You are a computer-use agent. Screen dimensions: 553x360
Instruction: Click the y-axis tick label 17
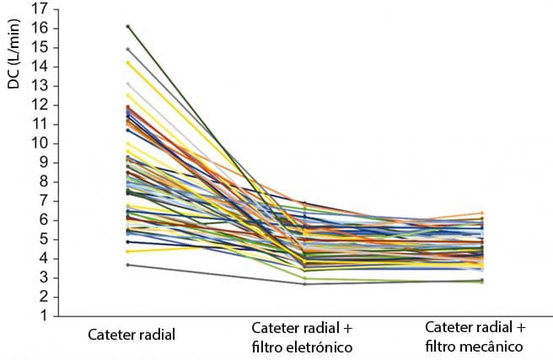[39, 9]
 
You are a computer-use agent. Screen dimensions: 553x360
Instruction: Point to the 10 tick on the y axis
[39, 144]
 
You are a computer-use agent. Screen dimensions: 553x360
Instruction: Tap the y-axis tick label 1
[43, 315]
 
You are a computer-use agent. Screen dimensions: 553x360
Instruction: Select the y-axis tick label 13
[39, 86]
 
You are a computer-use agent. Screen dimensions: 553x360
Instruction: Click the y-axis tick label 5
[43, 239]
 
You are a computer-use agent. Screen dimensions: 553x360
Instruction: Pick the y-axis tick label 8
[43, 182]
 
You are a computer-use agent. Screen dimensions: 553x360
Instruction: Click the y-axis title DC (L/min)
[14, 54]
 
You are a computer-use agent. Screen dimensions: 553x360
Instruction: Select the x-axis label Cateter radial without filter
[132, 334]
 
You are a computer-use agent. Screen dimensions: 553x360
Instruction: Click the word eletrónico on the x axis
[319, 347]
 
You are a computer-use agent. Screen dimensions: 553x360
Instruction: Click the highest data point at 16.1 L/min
[127, 26]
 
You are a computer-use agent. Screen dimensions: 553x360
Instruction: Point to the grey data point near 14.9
[127, 50]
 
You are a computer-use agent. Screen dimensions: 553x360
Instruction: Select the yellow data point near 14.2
[127, 62]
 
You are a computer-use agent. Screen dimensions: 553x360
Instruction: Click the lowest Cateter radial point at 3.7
[127, 265]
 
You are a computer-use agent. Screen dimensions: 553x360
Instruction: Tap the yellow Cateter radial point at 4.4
[127, 251]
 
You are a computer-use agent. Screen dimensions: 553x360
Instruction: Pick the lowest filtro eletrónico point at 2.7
[304, 284]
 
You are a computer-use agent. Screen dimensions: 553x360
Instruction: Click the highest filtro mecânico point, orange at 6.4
[481, 213]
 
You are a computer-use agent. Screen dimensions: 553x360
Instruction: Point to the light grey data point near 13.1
[127, 84]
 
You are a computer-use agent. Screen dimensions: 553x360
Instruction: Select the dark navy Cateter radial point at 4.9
[127, 242]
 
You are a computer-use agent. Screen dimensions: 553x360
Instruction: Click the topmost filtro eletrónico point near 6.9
[304, 203]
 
